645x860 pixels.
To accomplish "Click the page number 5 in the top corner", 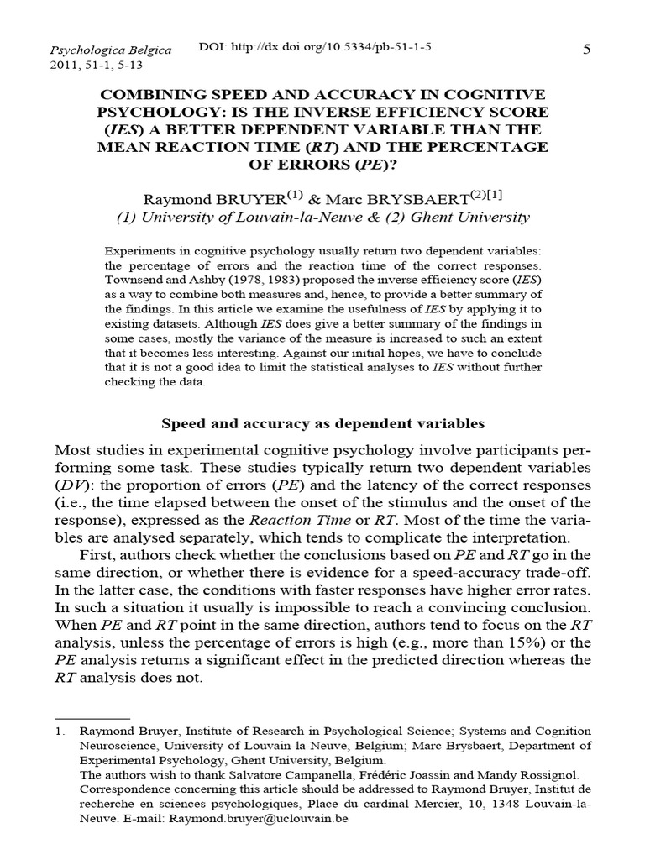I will point(587,50).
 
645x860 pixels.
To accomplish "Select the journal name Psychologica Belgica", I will point(111,50).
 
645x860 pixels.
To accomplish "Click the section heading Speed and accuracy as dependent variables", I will point(322,424).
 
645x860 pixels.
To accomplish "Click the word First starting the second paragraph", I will point(100,554).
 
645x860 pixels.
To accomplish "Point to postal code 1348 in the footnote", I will point(460,804).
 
